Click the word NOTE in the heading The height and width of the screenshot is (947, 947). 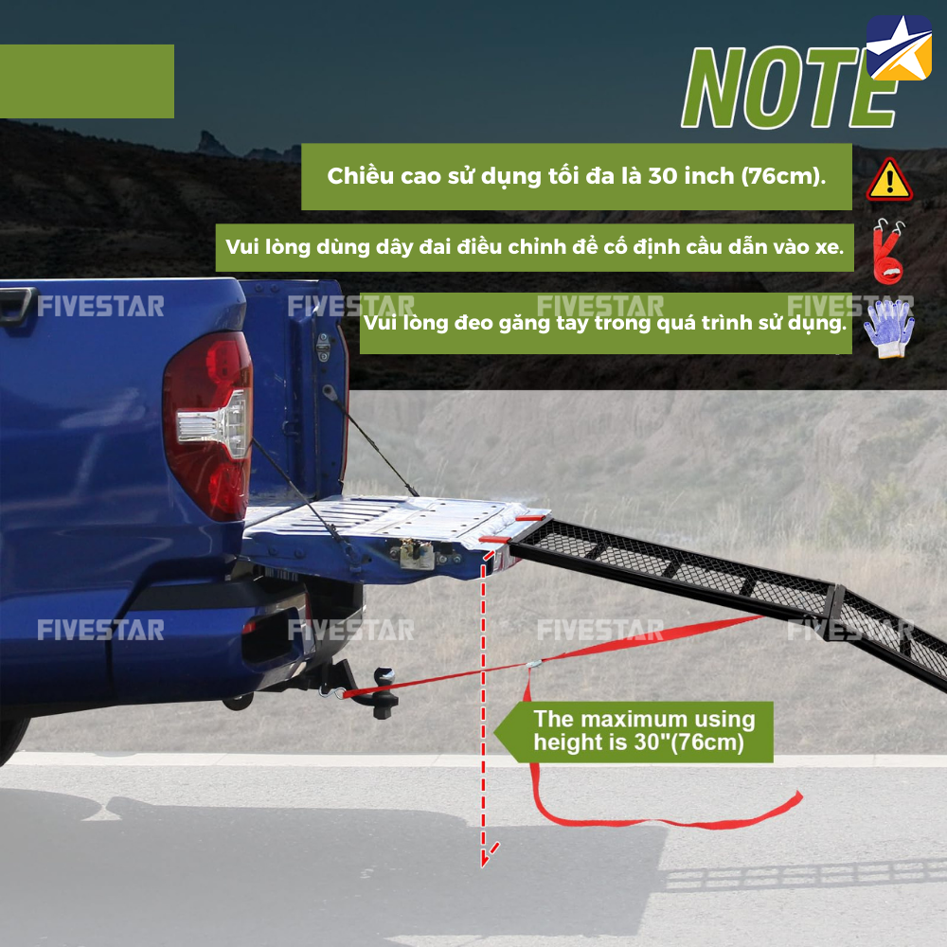788,87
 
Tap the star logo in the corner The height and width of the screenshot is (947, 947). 899,47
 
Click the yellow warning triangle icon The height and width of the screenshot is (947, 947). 889,180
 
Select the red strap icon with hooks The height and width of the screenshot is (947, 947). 889,252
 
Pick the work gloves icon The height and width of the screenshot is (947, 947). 889,328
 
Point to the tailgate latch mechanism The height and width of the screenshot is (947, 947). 417,554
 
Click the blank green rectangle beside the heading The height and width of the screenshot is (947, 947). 87,80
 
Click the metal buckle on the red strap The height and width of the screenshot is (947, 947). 533,665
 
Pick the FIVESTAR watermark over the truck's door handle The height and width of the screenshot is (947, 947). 101,306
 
